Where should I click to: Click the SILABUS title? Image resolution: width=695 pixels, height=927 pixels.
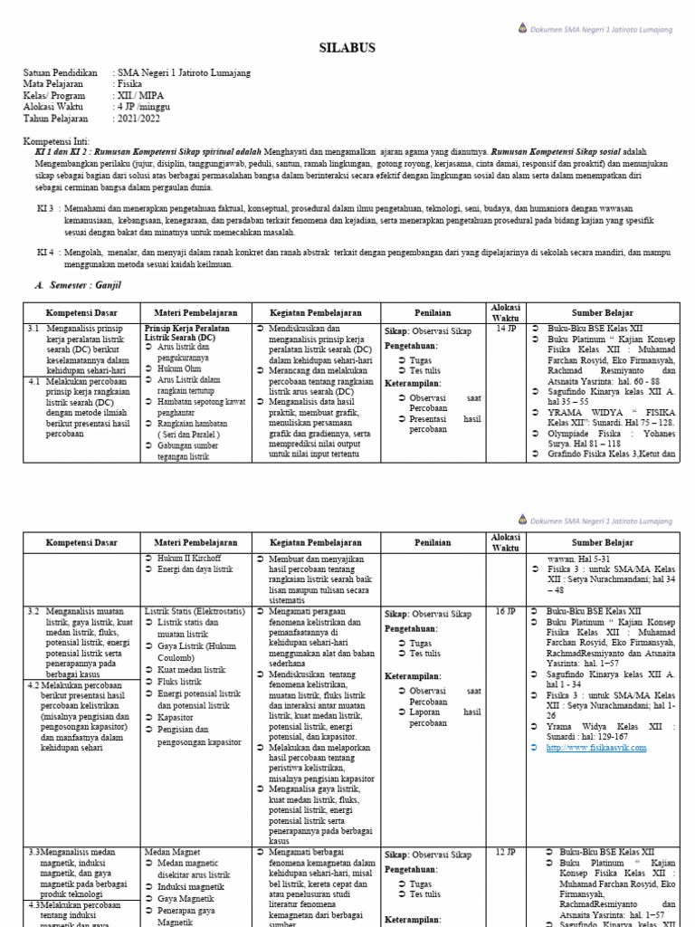pos(347,48)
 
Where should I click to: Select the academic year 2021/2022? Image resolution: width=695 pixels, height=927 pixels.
pos(138,119)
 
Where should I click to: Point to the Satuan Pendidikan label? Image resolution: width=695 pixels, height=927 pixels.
pos(60,72)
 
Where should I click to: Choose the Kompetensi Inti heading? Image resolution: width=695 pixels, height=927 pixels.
pos(57,141)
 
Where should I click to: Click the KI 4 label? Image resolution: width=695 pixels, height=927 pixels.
pos(45,252)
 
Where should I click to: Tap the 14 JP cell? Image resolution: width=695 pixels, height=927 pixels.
pos(505,330)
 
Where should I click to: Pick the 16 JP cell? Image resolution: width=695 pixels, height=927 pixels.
pos(505,612)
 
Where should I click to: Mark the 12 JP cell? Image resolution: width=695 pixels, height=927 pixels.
pos(505,853)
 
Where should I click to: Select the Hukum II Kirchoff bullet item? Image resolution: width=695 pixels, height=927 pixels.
pos(189,559)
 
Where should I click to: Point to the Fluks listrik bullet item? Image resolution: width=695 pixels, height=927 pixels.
pos(179,682)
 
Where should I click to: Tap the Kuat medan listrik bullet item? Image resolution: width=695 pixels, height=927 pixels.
pos(191,669)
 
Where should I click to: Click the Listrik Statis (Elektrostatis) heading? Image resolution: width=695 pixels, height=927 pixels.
pos(195,612)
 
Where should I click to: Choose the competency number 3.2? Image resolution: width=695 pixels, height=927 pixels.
pos(33,612)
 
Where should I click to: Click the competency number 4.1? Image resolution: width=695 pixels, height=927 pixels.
pos(33,381)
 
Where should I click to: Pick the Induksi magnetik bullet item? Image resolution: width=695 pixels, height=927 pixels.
pos(191,887)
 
